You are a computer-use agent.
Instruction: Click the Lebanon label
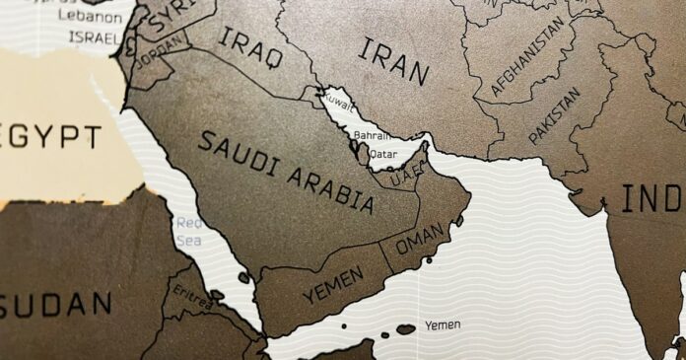[82, 17]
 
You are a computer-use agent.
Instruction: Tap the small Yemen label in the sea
[442, 324]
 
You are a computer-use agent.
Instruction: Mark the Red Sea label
[189, 232]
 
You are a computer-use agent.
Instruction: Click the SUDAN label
[56, 303]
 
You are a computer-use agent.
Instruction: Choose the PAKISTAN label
[554, 115]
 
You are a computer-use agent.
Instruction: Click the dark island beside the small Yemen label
[405, 328]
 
